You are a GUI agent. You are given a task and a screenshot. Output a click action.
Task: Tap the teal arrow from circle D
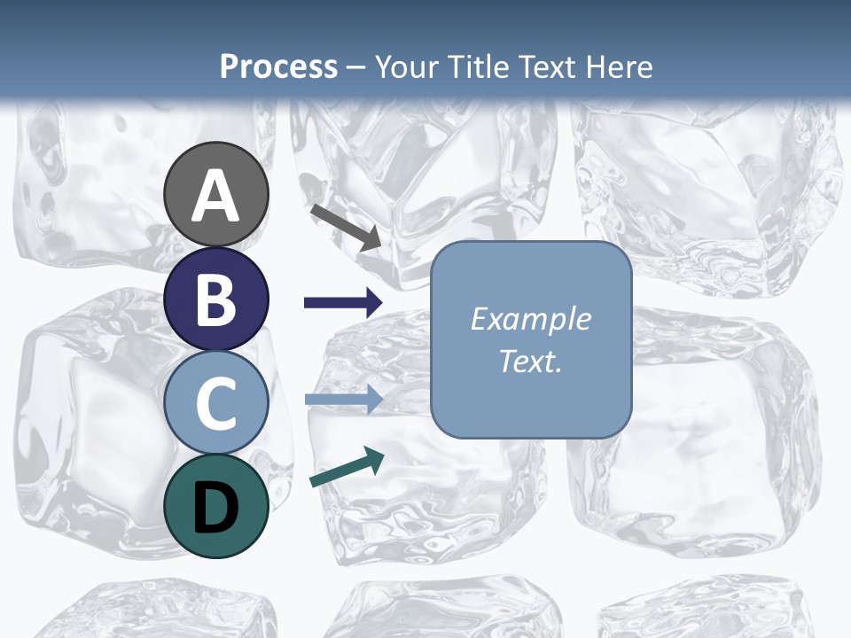click(x=347, y=467)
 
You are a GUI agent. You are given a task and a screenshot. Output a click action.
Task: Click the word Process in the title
click(x=278, y=66)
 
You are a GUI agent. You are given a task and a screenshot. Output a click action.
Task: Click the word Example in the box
click(x=531, y=319)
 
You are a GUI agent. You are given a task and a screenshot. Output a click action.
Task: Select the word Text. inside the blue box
click(x=531, y=362)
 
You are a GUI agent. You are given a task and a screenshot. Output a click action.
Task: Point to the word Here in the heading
click(x=621, y=66)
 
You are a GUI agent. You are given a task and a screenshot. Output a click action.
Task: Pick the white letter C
click(x=216, y=403)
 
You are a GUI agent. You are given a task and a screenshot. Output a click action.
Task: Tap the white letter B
click(x=216, y=300)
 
